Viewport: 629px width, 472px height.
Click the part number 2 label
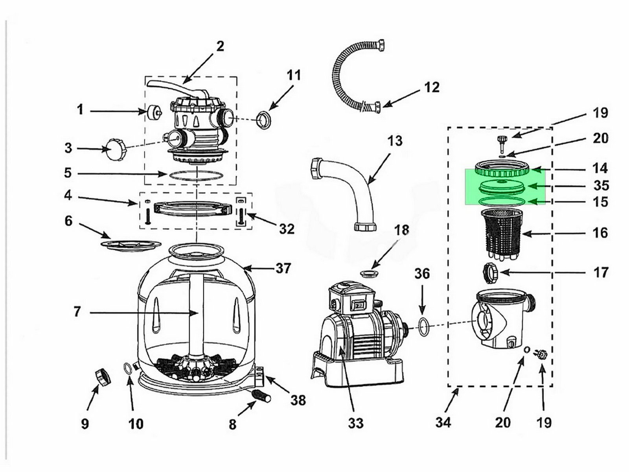(x=220, y=46)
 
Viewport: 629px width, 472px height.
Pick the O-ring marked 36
(x=423, y=326)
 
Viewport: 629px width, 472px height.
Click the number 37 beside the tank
(x=283, y=269)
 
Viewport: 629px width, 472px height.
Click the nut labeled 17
(x=490, y=271)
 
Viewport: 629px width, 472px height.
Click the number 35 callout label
(x=600, y=186)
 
